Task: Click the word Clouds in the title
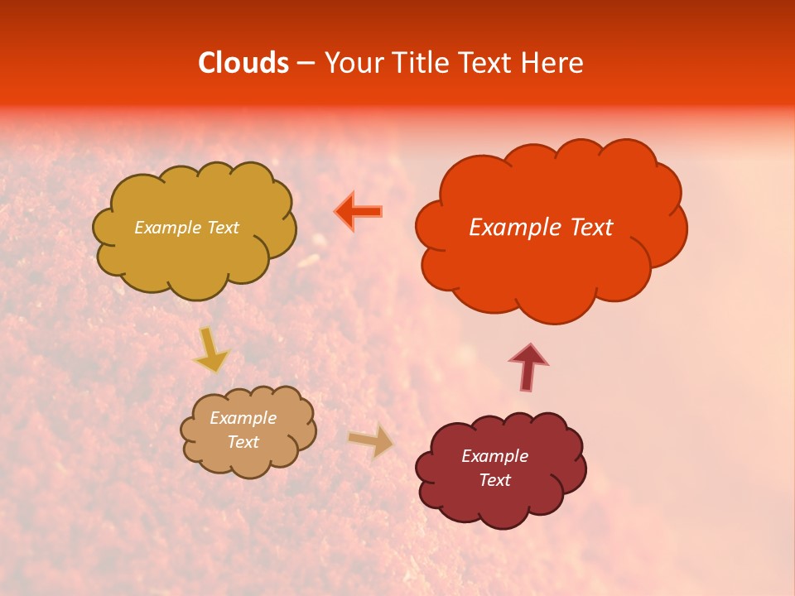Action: [243, 63]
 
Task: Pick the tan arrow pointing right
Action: [371, 440]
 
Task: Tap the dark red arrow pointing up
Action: [528, 367]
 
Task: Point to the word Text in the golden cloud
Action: [221, 228]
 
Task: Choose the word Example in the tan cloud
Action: [243, 418]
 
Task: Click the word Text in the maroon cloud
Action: [494, 480]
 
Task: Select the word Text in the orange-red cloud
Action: [590, 228]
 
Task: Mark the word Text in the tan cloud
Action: [243, 442]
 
